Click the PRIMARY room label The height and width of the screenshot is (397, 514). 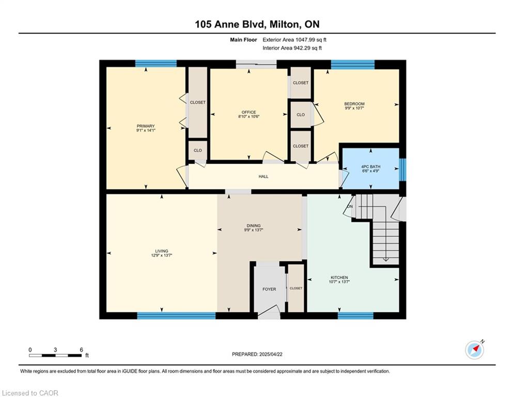point(146,126)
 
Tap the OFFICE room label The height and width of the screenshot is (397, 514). point(249,112)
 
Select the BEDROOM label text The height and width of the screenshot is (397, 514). point(354,104)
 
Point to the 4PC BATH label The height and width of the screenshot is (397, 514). point(371,166)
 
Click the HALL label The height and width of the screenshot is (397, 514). point(263,176)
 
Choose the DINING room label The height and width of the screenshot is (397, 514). point(254,226)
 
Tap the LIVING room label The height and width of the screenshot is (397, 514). point(162,251)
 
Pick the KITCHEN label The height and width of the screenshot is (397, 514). point(339,278)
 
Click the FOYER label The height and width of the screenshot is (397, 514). point(269,289)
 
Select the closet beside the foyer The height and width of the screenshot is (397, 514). point(296,288)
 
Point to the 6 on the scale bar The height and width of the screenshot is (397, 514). point(81,350)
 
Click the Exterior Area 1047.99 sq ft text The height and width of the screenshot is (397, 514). point(294,40)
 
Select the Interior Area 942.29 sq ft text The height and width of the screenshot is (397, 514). point(292,48)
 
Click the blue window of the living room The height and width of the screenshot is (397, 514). point(176,316)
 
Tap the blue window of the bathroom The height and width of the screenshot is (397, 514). point(403,170)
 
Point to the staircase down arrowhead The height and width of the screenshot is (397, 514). point(386,259)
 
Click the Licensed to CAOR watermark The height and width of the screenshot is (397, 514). point(30,393)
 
